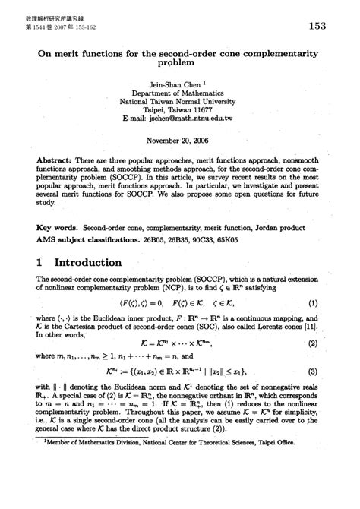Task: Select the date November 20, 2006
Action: (x=180, y=141)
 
